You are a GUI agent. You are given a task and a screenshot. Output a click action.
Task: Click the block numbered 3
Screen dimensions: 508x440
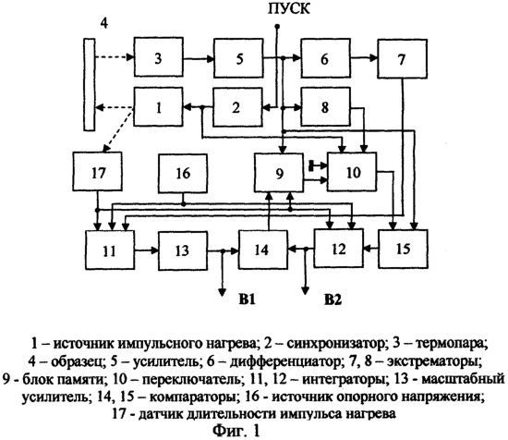tap(159, 57)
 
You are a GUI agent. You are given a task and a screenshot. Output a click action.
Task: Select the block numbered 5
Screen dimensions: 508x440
tap(238, 58)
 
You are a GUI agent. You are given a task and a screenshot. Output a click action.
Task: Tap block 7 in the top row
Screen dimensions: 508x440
tap(402, 58)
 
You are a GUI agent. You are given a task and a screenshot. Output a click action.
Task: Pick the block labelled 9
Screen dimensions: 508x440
tap(279, 173)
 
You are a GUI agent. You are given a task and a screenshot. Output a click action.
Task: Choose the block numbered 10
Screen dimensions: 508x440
tap(352, 172)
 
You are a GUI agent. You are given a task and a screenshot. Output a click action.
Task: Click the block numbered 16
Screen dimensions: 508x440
tap(183, 174)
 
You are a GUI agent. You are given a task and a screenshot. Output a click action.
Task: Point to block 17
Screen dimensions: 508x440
tap(98, 171)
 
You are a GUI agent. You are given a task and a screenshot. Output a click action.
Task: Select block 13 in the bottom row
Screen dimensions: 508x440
tap(183, 251)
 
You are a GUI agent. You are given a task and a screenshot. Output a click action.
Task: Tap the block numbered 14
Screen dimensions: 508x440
tap(263, 250)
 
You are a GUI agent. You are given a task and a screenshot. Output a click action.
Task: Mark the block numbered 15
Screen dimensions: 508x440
tap(403, 249)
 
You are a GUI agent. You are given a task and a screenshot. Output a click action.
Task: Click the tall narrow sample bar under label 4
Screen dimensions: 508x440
tap(90, 85)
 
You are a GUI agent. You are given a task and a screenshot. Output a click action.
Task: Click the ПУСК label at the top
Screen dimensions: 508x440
tap(289, 8)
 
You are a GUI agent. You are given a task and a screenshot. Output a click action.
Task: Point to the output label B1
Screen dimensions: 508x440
tap(248, 299)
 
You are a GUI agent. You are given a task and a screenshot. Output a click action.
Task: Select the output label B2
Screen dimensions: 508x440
tap(333, 300)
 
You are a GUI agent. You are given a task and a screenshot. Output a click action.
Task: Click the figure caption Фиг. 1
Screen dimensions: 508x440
tap(236, 431)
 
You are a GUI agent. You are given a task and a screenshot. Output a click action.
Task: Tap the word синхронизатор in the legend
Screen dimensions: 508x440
tap(335, 343)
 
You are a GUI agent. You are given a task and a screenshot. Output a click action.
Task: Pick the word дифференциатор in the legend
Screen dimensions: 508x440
tap(284, 361)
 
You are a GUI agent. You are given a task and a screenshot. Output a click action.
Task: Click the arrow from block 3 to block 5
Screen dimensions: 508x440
tap(199, 58)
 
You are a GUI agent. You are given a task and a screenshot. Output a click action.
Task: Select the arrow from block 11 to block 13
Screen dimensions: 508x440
tap(147, 250)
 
